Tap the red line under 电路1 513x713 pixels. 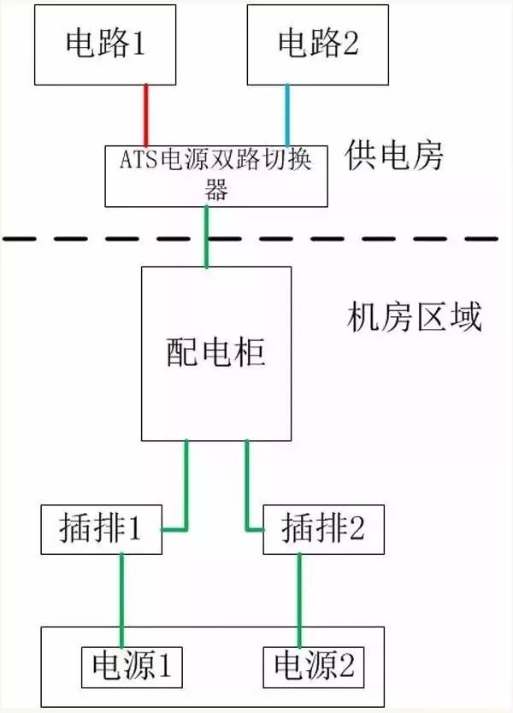coord(147,115)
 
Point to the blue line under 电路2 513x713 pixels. coord(287,115)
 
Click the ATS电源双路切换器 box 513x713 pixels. coord(215,175)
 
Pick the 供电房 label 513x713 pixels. coord(395,156)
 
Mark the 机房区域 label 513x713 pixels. coord(415,318)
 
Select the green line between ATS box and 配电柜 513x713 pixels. coord(206,236)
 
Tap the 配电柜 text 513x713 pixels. coord(215,352)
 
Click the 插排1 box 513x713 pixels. coord(102,529)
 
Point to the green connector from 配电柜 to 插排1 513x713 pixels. coord(186,487)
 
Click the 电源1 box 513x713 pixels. coord(132,666)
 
